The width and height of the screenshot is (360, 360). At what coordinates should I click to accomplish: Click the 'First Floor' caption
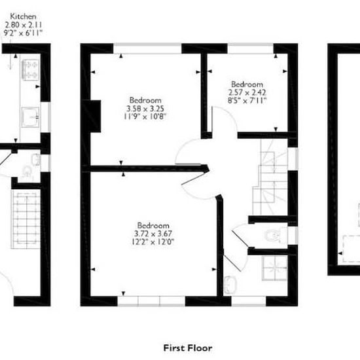[188, 348]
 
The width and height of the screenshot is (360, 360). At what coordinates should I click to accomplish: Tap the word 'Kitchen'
[23, 16]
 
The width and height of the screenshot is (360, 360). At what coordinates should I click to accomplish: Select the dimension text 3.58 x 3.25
[145, 109]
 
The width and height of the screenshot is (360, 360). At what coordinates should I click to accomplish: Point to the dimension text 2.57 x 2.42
[247, 92]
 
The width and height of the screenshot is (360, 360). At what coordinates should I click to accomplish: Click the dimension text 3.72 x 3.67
[153, 234]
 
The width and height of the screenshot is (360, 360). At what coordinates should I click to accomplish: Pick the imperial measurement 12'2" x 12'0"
[153, 242]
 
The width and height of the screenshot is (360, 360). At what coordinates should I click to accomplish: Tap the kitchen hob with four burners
[31, 70]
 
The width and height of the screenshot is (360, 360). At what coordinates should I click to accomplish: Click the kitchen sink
[31, 117]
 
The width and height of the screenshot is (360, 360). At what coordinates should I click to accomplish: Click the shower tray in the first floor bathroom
[275, 268]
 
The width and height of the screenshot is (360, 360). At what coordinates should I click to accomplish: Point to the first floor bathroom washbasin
[230, 285]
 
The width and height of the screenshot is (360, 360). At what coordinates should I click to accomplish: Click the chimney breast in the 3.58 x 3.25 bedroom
[92, 116]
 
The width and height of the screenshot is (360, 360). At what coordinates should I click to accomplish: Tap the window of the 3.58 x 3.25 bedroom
[148, 48]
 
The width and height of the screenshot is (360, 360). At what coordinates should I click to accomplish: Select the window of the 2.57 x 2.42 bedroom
[251, 48]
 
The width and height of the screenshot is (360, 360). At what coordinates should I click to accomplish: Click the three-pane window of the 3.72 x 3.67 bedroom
[151, 301]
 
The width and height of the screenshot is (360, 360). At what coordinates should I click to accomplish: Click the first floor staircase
[270, 177]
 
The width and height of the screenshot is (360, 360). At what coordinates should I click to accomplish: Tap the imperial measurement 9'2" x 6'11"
[23, 33]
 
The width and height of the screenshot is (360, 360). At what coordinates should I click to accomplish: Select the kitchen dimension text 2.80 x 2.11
[23, 25]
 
